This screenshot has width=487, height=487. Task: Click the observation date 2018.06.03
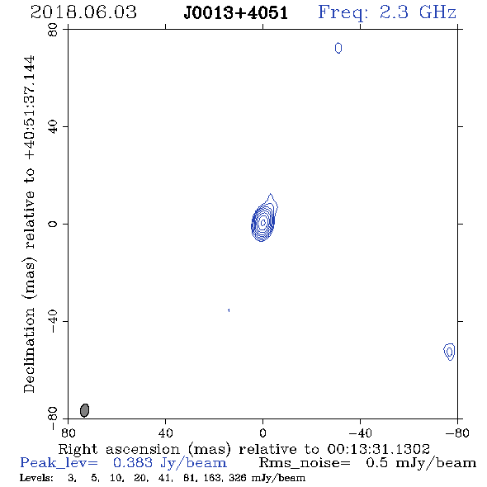(x=83, y=12)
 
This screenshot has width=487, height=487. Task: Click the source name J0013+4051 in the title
(x=236, y=13)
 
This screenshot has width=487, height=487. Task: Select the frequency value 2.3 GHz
(x=418, y=12)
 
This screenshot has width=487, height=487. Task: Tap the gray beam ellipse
(x=84, y=410)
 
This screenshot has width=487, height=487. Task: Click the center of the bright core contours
(x=263, y=222)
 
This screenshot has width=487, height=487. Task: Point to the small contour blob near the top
(x=338, y=48)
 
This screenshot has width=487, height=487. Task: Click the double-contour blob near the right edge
(x=449, y=352)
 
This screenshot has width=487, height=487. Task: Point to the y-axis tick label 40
(x=53, y=127)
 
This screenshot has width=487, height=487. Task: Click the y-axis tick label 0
(x=53, y=224)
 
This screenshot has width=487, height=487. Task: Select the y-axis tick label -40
(x=53, y=321)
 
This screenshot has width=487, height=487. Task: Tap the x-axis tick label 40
(x=165, y=433)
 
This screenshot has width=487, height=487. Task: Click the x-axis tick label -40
(x=360, y=433)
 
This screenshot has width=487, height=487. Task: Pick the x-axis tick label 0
(x=262, y=433)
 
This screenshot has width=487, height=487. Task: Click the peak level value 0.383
(x=133, y=463)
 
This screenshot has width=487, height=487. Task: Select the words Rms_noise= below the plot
(x=305, y=463)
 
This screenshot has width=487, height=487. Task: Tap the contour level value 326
(x=235, y=478)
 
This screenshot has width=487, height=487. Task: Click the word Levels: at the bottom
(x=36, y=478)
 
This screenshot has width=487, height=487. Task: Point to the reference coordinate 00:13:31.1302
(x=379, y=449)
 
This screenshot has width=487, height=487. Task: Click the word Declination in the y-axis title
(x=29, y=350)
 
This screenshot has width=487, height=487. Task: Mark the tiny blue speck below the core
(x=229, y=310)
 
